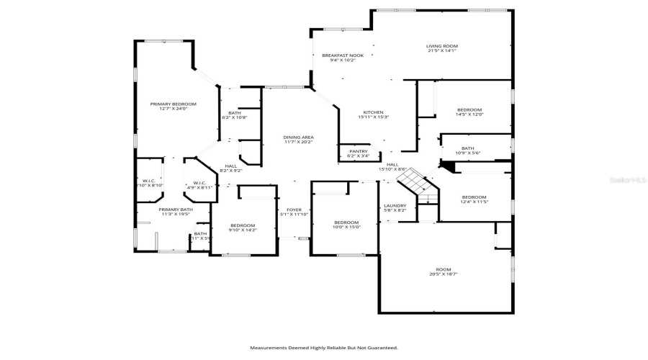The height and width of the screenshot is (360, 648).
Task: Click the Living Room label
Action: (442, 46)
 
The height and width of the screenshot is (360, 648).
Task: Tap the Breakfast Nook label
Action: (343, 55)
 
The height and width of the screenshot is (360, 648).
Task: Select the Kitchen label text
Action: (373, 112)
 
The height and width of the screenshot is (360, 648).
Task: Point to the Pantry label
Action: (358, 151)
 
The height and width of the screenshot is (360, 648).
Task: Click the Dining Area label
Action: (297, 137)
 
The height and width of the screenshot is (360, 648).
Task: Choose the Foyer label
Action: (294, 210)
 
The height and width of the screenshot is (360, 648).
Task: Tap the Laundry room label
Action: (395, 206)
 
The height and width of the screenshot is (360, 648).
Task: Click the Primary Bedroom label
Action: (173, 104)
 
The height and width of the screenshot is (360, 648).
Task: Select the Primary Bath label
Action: (176, 210)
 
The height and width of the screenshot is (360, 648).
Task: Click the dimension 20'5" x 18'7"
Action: (444, 274)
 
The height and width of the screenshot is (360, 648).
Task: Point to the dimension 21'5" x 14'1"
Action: (442, 51)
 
